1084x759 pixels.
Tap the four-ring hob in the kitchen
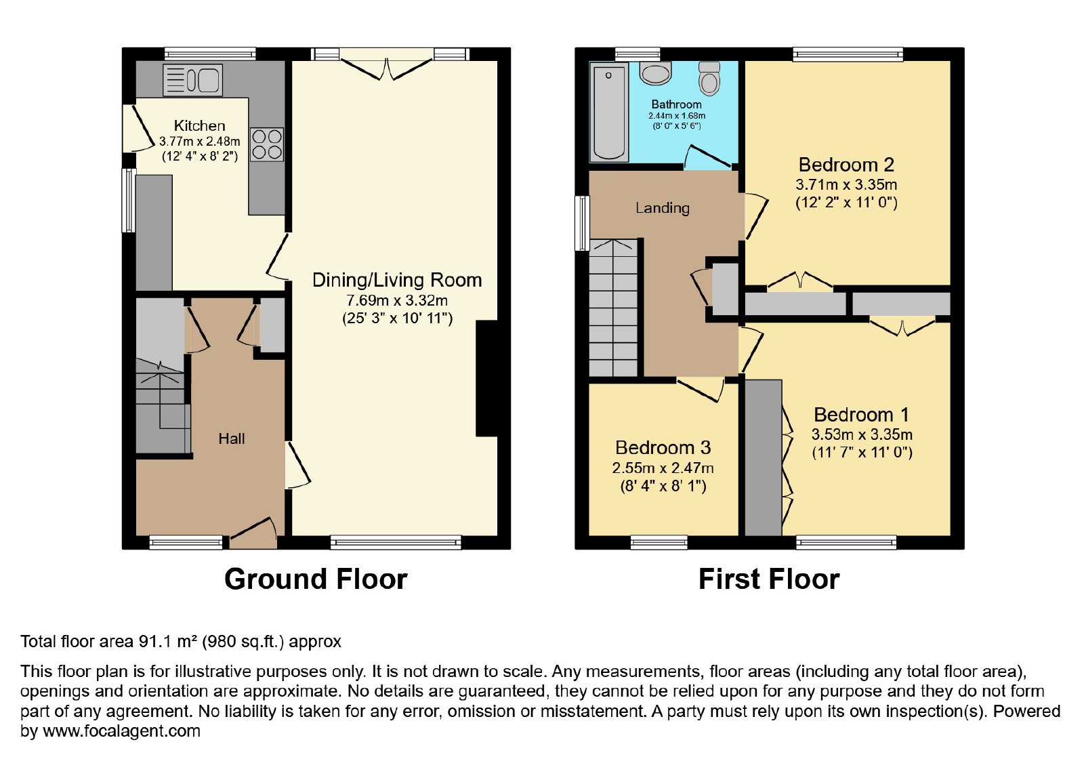[x=267, y=144]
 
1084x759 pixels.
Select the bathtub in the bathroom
[x=609, y=112]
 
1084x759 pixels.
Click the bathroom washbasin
[x=655, y=73]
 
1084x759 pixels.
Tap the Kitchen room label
[x=199, y=126]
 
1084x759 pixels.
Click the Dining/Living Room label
[x=397, y=280]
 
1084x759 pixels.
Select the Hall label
[x=231, y=438]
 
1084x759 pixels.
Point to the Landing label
[x=662, y=208]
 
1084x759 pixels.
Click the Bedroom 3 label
[x=663, y=448]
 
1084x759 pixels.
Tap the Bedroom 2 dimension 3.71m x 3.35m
[x=846, y=184]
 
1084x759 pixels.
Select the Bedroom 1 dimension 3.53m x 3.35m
[x=862, y=434]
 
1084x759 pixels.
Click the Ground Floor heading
[x=316, y=579]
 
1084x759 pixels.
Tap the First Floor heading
[x=769, y=579]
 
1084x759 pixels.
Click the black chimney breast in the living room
[x=487, y=379]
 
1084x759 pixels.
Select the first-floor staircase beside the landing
[x=613, y=308]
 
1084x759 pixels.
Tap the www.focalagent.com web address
[x=121, y=731]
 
